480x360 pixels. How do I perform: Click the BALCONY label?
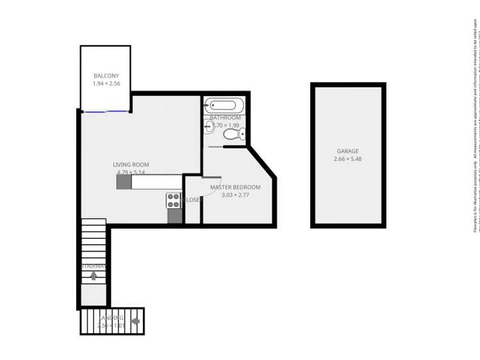tap(106, 76)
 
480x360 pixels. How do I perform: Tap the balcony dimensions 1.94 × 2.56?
tap(106, 84)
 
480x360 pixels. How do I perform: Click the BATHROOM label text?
tap(226, 118)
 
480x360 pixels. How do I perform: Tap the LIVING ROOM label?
tap(131, 165)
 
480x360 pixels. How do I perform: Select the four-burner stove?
tap(174, 200)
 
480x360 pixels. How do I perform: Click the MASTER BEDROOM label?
tap(235, 187)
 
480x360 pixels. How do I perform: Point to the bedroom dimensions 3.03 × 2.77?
tap(235, 195)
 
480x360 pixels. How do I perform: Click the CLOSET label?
tap(193, 200)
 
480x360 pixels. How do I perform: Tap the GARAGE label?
tap(348, 151)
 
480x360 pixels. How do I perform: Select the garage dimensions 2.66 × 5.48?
tap(348, 159)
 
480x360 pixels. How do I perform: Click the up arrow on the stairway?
tap(94, 275)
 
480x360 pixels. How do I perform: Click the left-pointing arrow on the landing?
tap(135, 321)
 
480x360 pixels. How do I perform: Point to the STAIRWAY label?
tap(94, 266)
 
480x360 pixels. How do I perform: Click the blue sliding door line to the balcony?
tap(106, 111)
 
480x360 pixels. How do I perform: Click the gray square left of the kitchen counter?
tap(124, 183)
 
